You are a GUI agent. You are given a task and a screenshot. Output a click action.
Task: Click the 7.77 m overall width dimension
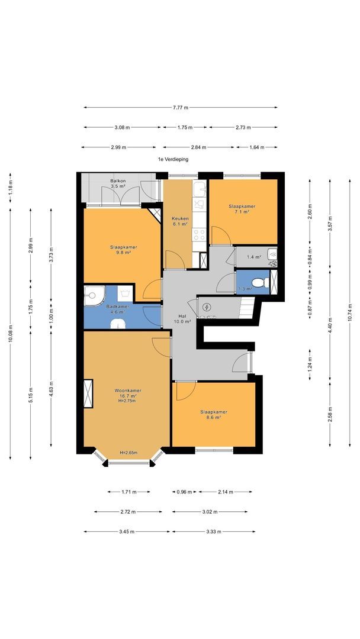click(181, 108)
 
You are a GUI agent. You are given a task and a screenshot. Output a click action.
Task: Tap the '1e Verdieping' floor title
click(173, 160)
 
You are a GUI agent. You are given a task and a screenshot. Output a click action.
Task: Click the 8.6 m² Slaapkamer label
click(214, 414)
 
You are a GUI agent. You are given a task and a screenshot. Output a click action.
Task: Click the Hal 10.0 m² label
click(182, 319)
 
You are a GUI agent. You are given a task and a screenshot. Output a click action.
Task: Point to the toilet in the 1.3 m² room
click(260, 282)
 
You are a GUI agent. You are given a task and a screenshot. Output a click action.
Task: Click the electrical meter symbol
click(207, 307)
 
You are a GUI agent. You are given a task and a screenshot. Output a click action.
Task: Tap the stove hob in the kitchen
click(200, 234)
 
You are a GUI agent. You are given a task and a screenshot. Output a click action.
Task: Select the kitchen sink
click(200, 189)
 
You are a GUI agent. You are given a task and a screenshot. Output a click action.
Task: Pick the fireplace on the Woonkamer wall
click(88, 393)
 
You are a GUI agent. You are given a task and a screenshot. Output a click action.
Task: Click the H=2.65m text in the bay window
click(128, 453)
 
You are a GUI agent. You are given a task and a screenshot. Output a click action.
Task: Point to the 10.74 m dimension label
click(350, 313)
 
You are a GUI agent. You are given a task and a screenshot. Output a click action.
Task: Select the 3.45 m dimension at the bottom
click(127, 532)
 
